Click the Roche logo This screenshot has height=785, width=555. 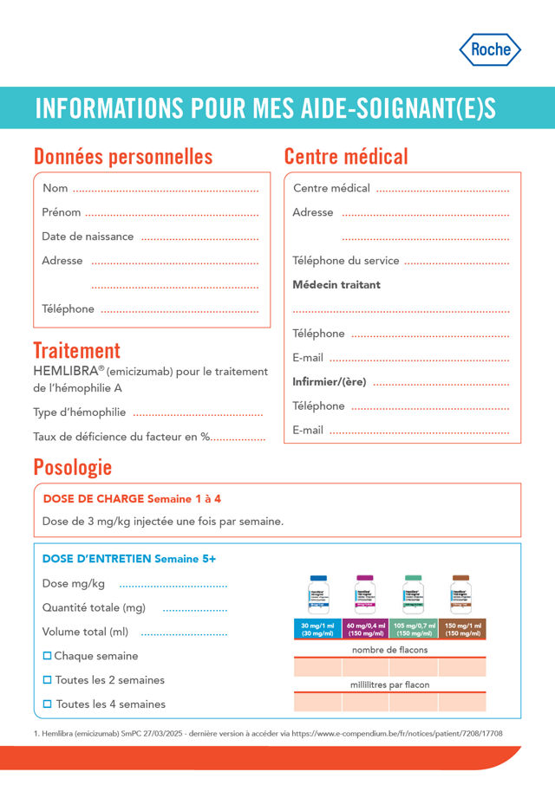490,49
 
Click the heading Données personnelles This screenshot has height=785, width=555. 122,157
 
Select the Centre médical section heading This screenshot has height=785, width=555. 346,157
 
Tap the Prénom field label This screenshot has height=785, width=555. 62,212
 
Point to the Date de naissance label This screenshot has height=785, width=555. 88,237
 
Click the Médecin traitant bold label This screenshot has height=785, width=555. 336,285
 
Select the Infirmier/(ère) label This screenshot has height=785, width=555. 330,382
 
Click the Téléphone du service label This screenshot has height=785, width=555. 346,261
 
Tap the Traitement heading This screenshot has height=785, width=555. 76,351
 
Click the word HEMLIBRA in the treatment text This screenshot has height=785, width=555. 64,371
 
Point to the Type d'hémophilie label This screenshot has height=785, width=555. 80,412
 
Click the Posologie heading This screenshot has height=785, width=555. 72,468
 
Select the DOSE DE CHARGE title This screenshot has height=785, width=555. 94,499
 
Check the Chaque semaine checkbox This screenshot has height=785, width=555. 48,656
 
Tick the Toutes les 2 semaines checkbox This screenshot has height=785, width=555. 48,680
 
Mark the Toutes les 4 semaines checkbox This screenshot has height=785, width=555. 48,704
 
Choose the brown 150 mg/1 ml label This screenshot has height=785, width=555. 462,629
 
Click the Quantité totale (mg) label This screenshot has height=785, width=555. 94,608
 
